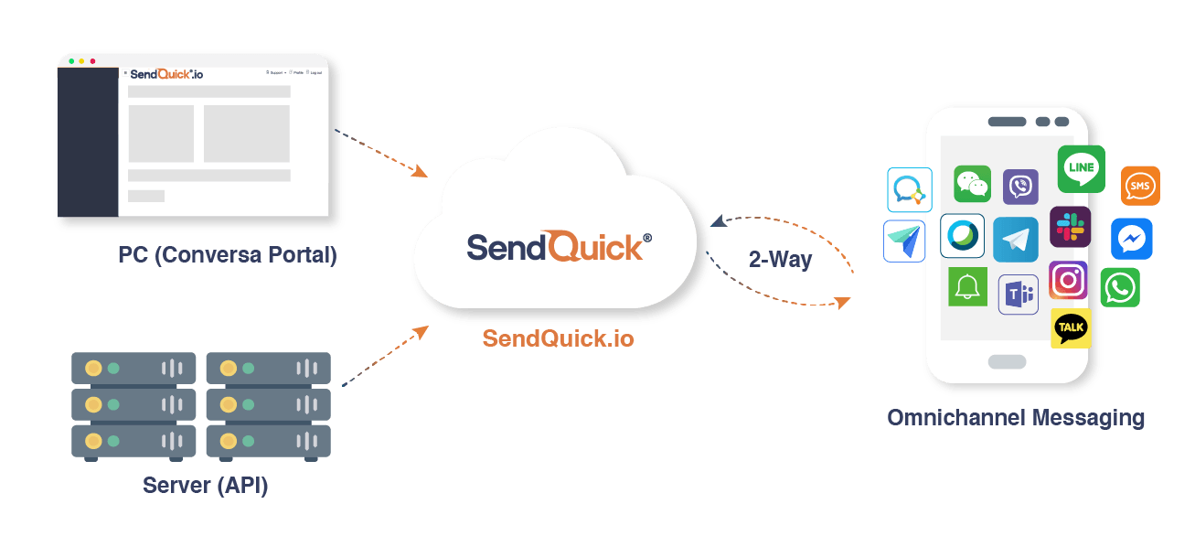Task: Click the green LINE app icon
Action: (1081, 168)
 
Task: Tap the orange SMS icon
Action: (1139, 186)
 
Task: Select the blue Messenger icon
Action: (1131, 239)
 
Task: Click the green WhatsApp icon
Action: (1119, 287)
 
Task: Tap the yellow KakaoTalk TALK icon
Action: (1071, 328)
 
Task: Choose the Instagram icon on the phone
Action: (1068, 280)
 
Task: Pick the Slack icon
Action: (1070, 227)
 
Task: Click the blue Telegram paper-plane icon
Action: (1015, 239)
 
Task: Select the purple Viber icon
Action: (1020, 187)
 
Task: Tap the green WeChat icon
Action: (972, 184)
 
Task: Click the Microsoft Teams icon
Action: (1018, 295)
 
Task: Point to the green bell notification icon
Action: (967, 287)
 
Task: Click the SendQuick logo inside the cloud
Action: (559, 246)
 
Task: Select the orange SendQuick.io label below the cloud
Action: (558, 338)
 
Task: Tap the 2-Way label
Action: (780, 259)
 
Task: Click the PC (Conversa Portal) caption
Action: (228, 254)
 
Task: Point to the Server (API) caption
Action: (205, 485)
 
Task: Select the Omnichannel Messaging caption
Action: (1016, 418)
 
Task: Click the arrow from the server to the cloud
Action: (384, 357)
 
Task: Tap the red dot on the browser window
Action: (92, 61)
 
